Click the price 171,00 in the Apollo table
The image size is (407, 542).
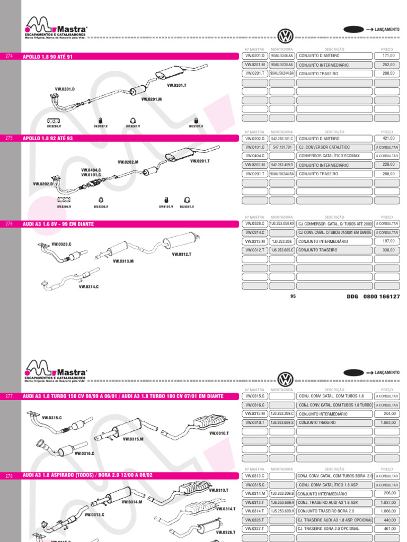pos(387,56)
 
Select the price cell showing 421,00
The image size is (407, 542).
pos(387,138)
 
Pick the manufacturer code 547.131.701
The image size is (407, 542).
pos(282,147)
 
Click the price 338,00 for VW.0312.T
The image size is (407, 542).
pos(387,250)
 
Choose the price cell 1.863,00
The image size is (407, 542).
pos(387,422)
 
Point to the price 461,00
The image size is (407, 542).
pos(387,529)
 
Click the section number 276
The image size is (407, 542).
pos(8,224)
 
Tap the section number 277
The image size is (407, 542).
pos(8,396)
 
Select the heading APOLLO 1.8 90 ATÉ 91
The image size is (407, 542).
pos(48,56)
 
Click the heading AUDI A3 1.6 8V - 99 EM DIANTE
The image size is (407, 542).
pos(58,224)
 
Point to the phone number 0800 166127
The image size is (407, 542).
pos(382,297)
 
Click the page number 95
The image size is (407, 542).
pos(293,296)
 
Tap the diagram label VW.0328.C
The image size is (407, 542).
pos(61,245)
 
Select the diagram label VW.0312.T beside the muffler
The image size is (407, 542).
pos(181,255)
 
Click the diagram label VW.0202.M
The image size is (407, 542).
pos(128,162)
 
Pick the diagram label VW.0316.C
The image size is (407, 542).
pos(84,454)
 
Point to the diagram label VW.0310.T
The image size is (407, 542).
pos(218,433)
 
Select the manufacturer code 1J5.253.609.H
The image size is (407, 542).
pos(282,511)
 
